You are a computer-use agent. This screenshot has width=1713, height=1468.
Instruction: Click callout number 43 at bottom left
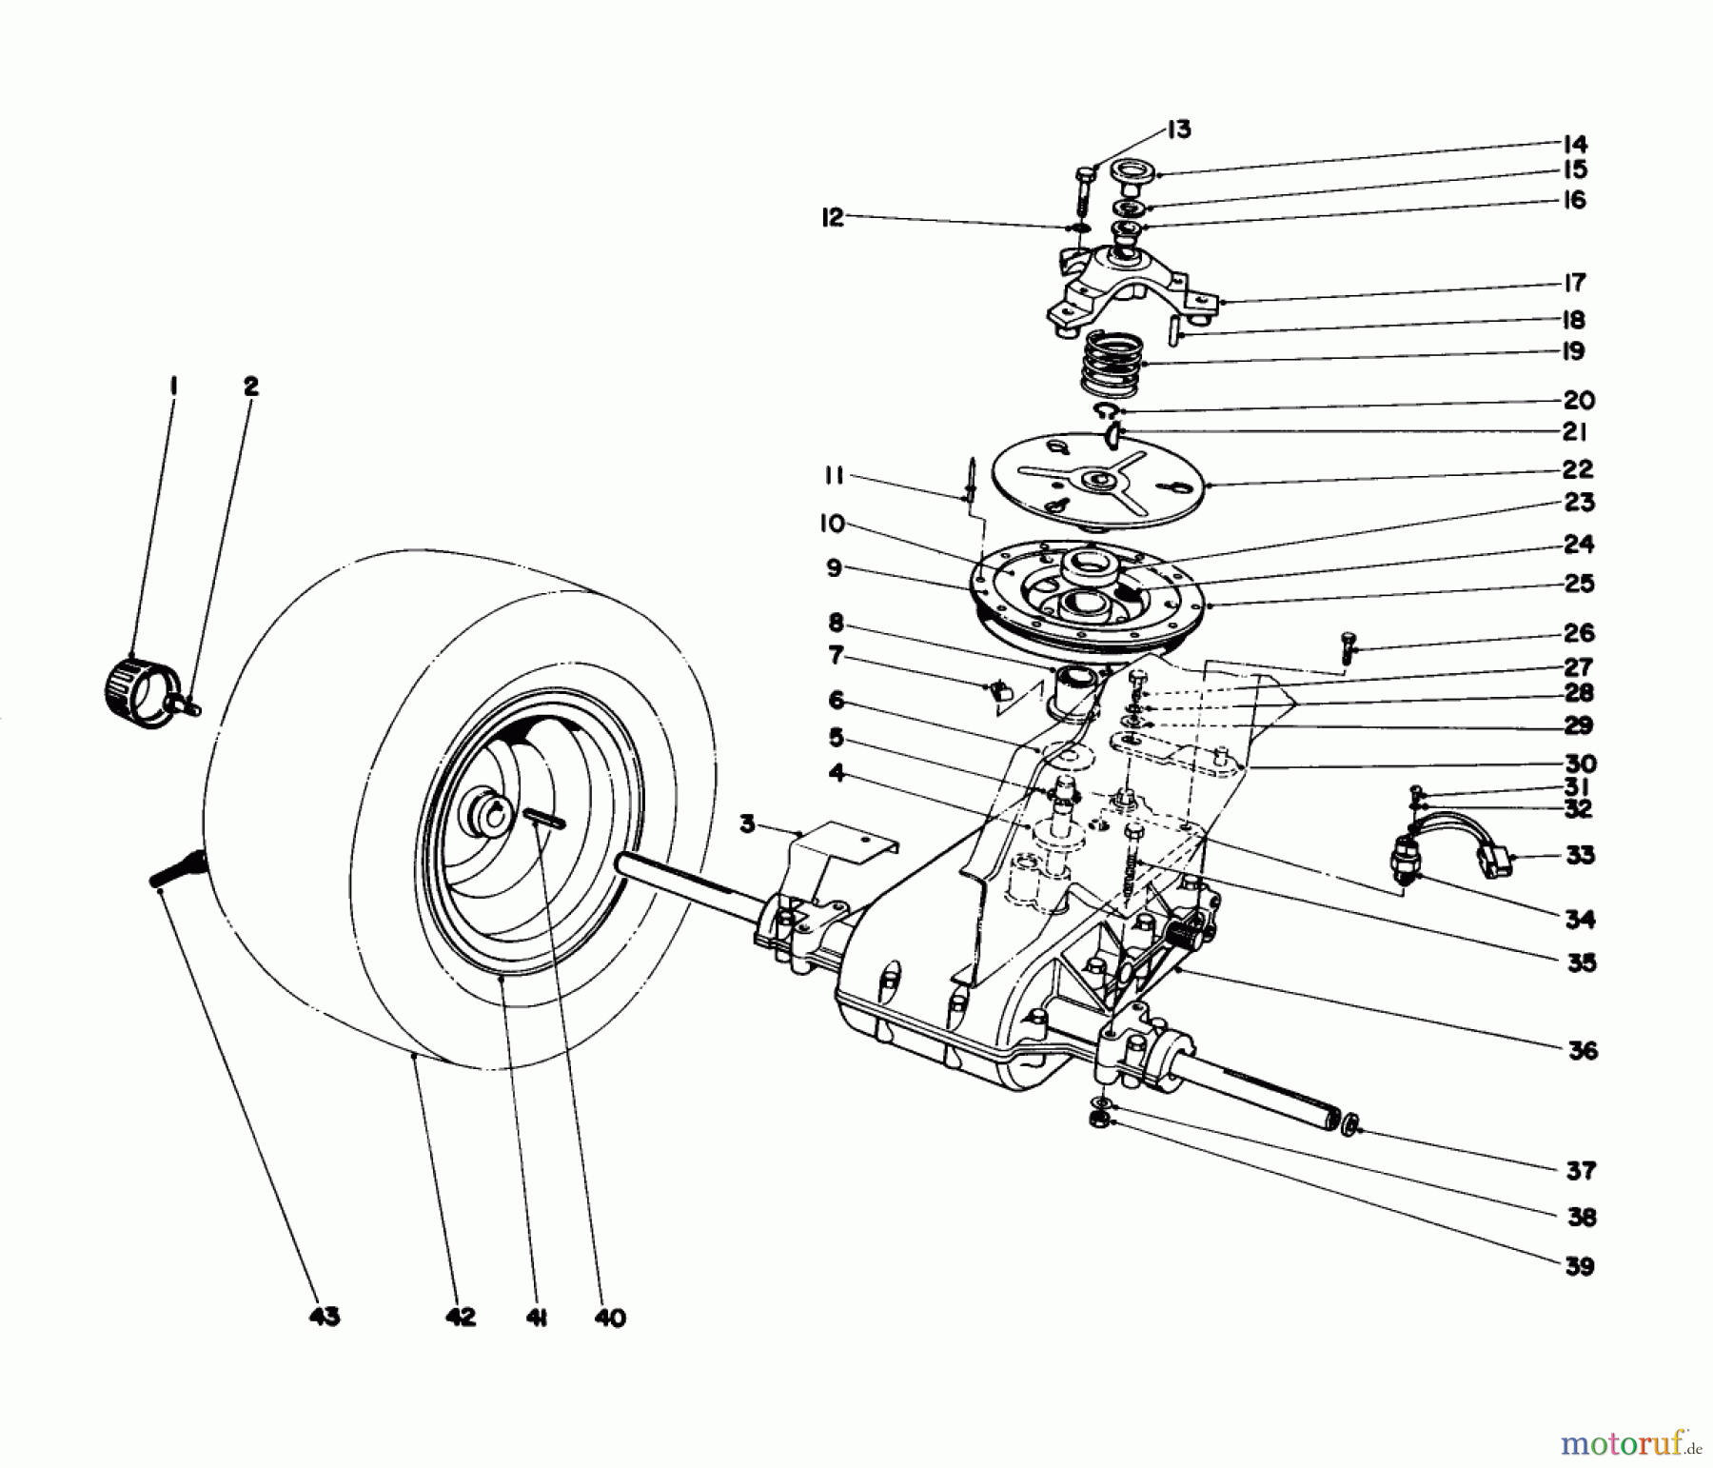pyautogui.click(x=325, y=1318)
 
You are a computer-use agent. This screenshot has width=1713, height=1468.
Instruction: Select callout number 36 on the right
pyautogui.click(x=1582, y=1051)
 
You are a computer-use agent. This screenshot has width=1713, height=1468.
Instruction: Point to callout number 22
pyautogui.click(x=1577, y=469)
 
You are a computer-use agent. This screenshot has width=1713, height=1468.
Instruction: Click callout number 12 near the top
pyautogui.click(x=833, y=218)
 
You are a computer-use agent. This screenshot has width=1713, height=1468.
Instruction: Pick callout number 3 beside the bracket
pyautogui.click(x=748, y=823)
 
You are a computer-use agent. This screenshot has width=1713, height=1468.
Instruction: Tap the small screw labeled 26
pyautogui.click(x=1347, y=648)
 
